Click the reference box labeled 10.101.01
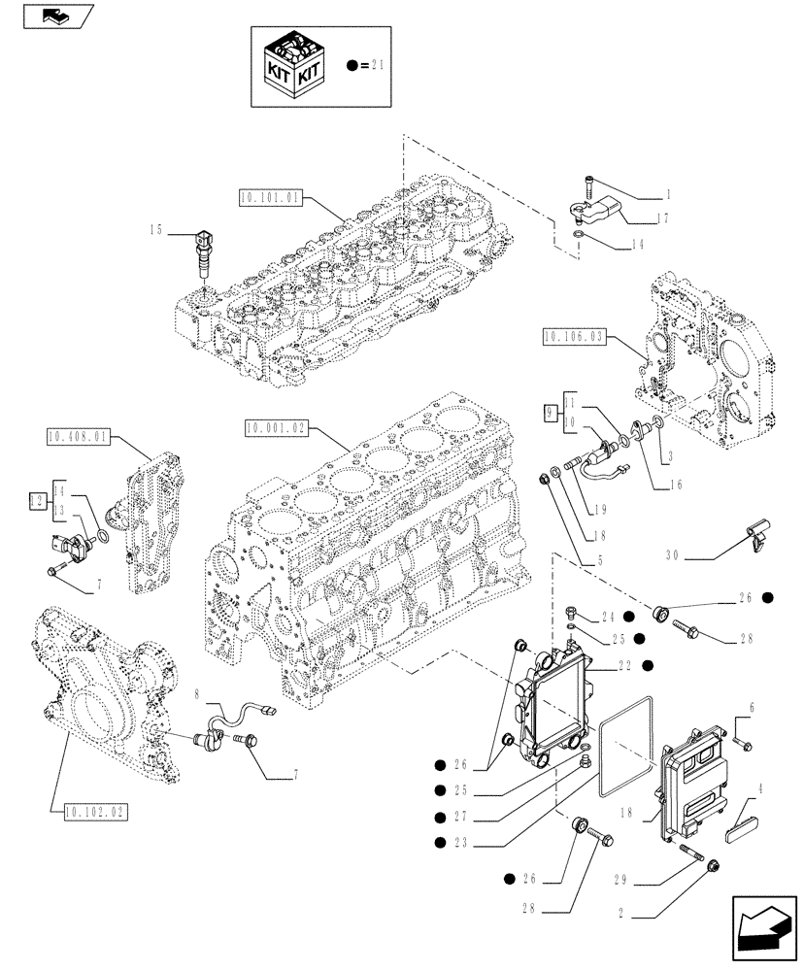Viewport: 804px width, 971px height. coord(269,200)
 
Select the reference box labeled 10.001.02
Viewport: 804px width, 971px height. coord(277,426)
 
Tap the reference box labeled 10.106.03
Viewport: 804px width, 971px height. coord(575,337)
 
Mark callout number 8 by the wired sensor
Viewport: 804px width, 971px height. coord(197,695)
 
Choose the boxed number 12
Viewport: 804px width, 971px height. coord(37,500)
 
